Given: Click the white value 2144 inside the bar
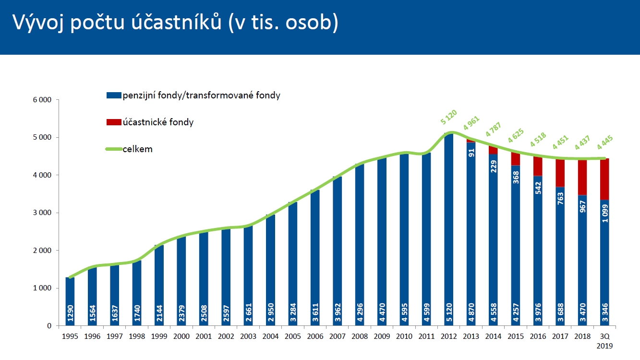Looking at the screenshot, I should click(159, 312).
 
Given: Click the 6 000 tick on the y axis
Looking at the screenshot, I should click(42, 100).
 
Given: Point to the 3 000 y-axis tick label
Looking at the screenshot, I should click(42, 213).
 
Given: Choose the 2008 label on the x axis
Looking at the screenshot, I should click(359, 336).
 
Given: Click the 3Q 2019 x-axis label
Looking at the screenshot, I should click(604, 341).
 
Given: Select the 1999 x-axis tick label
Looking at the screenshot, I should click(159, 336).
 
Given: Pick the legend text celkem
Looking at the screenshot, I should click(137, 149).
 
